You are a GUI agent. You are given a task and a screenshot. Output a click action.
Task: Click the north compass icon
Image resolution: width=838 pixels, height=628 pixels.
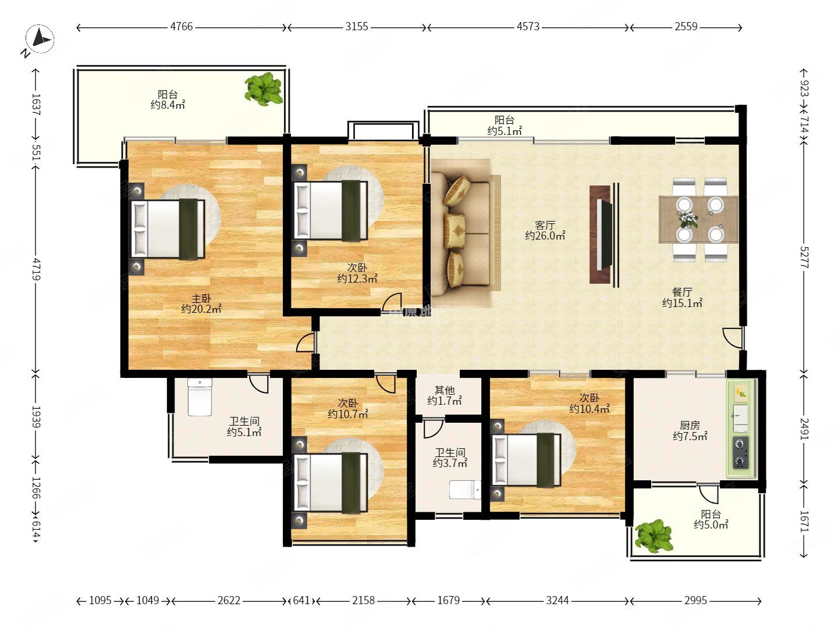40,39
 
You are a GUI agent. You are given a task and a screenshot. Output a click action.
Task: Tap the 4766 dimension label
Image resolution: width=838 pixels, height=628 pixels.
182,27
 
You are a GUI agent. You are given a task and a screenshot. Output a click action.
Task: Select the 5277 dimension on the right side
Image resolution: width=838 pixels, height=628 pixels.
804,258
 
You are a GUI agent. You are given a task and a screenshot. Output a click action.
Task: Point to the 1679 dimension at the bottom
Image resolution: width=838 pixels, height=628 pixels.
449,601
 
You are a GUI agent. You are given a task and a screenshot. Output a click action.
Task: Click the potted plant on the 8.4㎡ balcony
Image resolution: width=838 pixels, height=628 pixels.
264,89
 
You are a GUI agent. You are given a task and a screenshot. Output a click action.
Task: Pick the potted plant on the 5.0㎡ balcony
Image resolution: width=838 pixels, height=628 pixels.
653,536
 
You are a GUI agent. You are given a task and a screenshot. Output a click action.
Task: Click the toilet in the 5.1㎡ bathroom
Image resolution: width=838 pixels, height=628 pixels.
200,397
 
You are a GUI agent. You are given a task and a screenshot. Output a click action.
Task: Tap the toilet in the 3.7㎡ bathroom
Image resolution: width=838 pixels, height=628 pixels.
465,490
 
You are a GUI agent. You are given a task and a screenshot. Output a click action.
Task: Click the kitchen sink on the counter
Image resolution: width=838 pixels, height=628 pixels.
741,418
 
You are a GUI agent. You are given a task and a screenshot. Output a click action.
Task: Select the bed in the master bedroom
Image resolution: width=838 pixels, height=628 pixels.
168,229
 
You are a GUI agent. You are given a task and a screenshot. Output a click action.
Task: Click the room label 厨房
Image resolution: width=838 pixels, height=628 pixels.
690,424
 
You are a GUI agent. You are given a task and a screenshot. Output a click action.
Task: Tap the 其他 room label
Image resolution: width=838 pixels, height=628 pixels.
445,390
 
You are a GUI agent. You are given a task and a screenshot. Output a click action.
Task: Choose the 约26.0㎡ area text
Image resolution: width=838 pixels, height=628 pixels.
545,235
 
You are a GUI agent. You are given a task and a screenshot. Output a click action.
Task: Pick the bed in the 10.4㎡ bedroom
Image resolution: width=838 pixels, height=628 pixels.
526,459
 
